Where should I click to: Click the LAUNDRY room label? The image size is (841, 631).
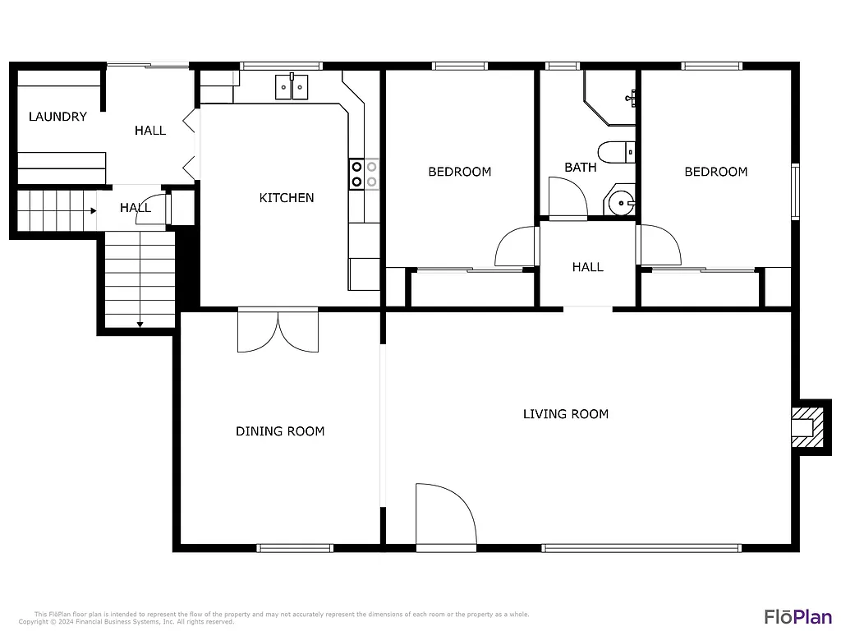click(57, 117)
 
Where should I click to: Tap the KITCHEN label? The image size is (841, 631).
click(287, 198)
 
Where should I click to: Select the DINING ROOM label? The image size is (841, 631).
click(280, 431)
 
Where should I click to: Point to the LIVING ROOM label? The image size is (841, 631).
click(566, 414)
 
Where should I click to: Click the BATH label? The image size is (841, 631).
click(581, 168)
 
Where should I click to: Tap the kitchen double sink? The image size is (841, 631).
click(292, 86)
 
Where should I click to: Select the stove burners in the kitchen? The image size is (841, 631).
click(365, 173)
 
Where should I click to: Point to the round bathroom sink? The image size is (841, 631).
click(622, 202)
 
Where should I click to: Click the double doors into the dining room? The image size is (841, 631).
click(278, 332)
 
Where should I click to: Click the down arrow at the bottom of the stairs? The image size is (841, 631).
click(140, 325)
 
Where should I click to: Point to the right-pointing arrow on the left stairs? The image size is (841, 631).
click(93, 210)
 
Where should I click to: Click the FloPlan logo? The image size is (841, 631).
click(797, 616)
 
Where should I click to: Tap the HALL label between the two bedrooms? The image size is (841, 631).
click(587, 267)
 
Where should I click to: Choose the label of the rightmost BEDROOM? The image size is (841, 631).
click(716, 172)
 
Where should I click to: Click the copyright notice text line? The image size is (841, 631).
click(126, 622)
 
